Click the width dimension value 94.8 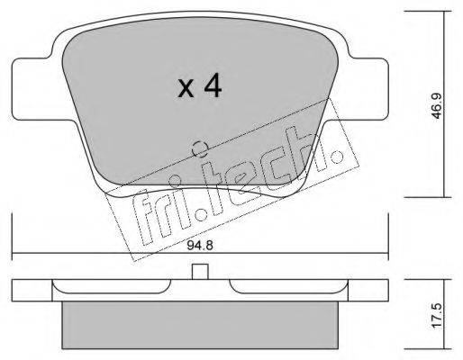[200, 246]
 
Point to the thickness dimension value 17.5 [437, 315]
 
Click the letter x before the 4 [186, 89]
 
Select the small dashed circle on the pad [200, 148]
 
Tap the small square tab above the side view [200, 272]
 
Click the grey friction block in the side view [200, 325]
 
